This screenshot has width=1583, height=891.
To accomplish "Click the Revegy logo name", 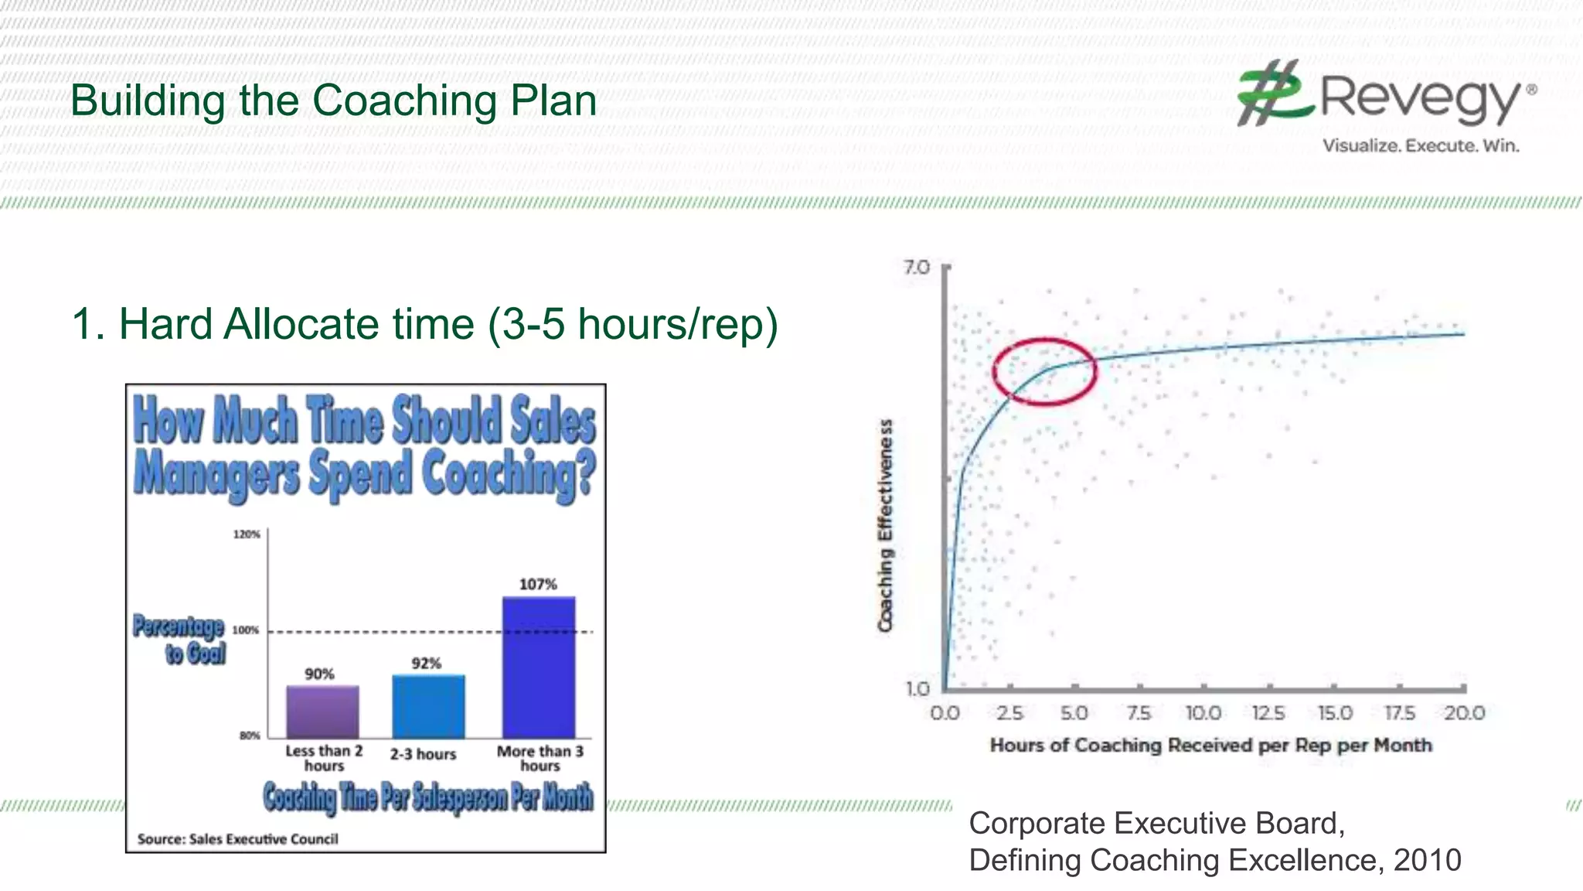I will click(x=1419, y=99).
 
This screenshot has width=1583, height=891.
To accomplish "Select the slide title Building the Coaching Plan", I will click(x=333, y=101).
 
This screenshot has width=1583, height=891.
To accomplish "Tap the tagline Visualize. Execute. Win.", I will click(x=1421, y=145).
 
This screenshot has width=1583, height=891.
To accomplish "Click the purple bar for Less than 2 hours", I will click(x=322, y=712).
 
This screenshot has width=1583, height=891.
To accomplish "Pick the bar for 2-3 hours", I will click(x=428, y=707).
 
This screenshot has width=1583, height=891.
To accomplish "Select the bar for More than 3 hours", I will click(x=539, y=667).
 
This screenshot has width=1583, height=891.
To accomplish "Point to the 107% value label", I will click(x=538, y=584).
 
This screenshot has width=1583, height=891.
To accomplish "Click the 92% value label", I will click(x=426, y=663).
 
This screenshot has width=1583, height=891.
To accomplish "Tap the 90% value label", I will click(x=319, y=674).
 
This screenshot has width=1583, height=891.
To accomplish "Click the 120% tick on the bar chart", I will click(x=247, y=534).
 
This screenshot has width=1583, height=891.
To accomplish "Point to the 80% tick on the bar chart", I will click(x=250, y=736).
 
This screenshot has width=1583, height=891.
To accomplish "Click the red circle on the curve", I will click(x=1044, y=371).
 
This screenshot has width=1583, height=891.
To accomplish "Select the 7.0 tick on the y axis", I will click(x=917, y=268).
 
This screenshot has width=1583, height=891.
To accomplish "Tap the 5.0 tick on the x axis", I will click(x=1074, y=713).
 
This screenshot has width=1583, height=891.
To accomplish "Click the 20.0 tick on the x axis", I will click(x=1465, y=713).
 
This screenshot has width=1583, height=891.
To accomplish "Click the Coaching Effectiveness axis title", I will click(x=886, y=526).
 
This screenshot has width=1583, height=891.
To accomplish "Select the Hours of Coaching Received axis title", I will click(x=1210, y=746).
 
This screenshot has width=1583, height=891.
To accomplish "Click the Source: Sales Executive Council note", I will click(x=237, y=839).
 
